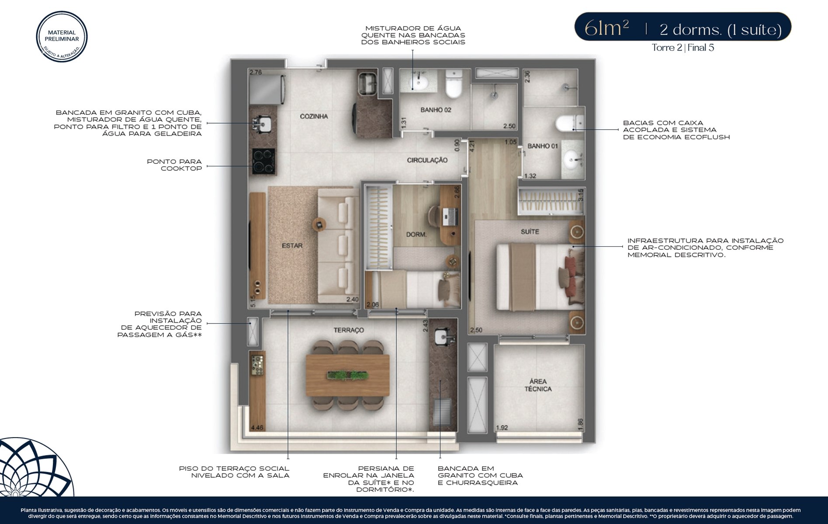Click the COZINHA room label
314,116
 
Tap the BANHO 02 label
436,110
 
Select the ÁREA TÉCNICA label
538,385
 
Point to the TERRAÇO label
349,330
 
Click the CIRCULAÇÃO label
427,160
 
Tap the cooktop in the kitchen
263,161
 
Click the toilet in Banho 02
454,84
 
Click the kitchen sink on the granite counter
262,124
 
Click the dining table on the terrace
347,375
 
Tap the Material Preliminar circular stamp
62,36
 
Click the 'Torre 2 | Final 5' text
682,48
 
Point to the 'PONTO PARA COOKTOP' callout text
174,165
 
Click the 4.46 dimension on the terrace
257,428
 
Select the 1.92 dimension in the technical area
502,428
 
